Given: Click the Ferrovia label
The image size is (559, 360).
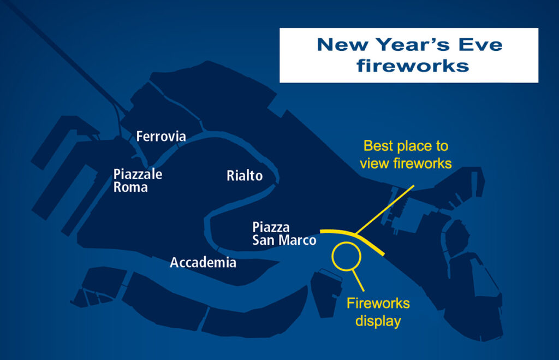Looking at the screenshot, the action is [161, 136].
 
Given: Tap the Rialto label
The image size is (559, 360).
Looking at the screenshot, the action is [245, 175].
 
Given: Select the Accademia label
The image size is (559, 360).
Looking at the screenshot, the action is [203, 263].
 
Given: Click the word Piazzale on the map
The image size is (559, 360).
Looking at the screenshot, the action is [138, 174].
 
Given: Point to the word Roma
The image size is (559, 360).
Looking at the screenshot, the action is [130, 187].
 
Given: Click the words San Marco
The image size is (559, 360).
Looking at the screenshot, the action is [284, 240].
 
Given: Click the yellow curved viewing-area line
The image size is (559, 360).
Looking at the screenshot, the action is [356, 235].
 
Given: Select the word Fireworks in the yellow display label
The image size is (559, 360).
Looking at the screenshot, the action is [378, 303].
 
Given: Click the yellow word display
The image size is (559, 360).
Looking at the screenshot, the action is [378, 321].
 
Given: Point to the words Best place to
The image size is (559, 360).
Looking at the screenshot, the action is [406, 146].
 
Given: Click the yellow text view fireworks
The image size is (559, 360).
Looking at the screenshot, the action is [406, 163].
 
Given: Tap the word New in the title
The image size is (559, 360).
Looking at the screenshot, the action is [343, 45].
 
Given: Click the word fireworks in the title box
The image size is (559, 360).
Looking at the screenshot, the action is [413, 66].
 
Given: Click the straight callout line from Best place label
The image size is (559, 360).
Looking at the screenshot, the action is [385, 209].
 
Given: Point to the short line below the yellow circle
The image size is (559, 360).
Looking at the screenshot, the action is [358, 280].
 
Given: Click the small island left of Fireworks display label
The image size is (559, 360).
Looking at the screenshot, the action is [326, 293].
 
